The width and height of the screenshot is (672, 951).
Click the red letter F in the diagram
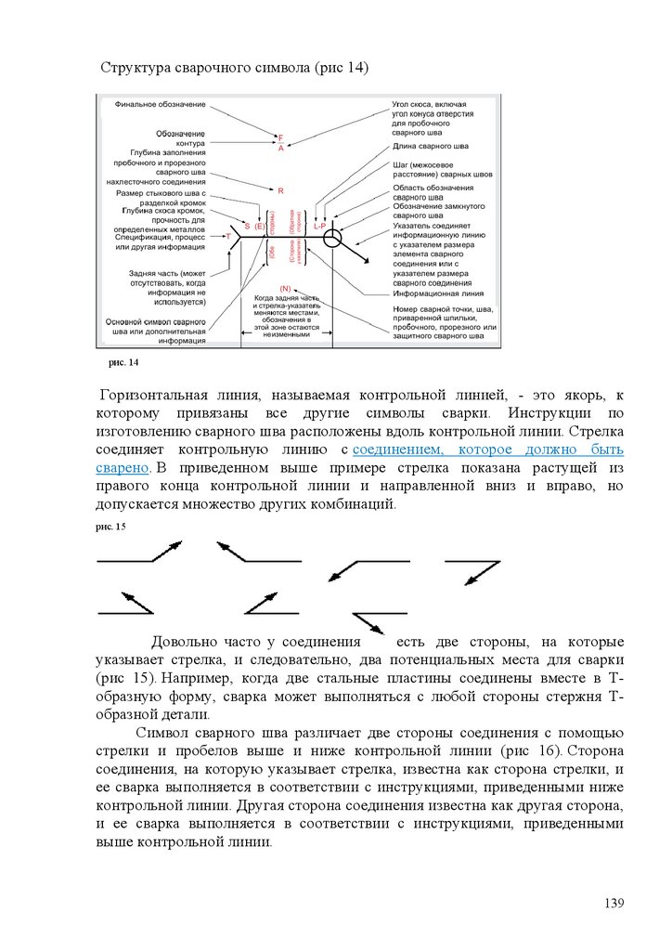tap(280, 138)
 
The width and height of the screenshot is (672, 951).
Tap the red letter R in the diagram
tap(280, 189)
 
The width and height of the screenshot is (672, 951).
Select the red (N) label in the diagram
tap(285, 289)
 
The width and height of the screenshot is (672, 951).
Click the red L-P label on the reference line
tap(319, 226)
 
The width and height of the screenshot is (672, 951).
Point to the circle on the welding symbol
tap(333, 238)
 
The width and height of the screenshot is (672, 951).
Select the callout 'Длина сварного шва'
tap(431, 146)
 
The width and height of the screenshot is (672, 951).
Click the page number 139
tap(614, 904)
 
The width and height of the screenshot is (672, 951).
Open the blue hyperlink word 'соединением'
tap(400, 449)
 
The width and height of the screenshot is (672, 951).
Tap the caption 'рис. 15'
tap(110, 527)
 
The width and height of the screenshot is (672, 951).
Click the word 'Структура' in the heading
tap(137, 68)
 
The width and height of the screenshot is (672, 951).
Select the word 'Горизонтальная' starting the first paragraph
tap(165, 395)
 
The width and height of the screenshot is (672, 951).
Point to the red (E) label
tap(260, 226)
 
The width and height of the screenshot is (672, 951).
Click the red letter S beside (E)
tap(247, 226)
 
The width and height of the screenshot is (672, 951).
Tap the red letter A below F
tap(280, 149)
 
